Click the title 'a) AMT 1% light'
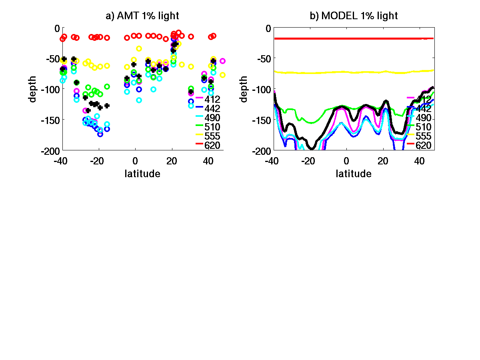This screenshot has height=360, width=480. [142, 16]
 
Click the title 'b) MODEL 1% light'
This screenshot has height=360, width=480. [354, 16]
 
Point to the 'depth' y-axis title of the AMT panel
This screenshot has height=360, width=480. [33, 89]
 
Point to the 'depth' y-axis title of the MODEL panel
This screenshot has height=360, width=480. [244, 89]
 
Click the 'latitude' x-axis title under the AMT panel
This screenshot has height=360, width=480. [142, 174]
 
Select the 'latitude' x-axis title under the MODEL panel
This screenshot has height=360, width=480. [354, 174]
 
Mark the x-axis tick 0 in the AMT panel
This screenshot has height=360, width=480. [135, 161]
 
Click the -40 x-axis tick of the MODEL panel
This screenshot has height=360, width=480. [272, 161]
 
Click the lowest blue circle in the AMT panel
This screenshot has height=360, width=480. [100, 134]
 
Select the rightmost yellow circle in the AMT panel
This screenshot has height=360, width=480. [223, 75]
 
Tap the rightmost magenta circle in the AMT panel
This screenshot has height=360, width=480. [223, 61]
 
